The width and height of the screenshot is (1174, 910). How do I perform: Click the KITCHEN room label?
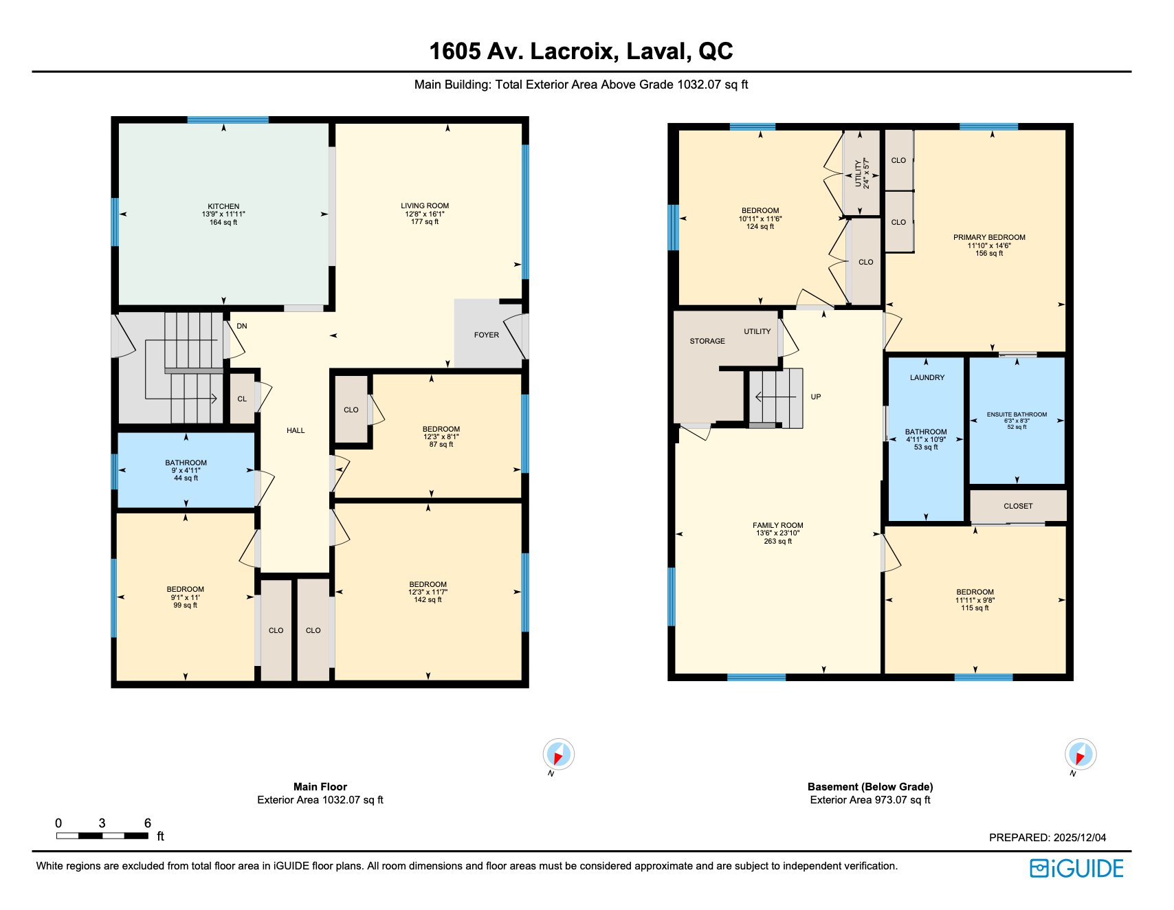tap(223, 206)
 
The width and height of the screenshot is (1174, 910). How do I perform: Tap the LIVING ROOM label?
tap(425, 206)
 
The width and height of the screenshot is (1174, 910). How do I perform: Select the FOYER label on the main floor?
tap(486, 335)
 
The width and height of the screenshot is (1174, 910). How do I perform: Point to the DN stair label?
tap(242, 326)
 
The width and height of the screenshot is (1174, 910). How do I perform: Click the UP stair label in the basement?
tap(816, 397)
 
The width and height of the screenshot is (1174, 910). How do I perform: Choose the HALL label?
tap(296, 430)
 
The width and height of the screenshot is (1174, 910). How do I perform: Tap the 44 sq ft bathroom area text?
tap(186, 478)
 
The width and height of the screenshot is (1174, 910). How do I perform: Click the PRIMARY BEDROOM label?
tap(989, 237)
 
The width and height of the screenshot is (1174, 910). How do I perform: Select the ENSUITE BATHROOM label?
tap(1017, 414)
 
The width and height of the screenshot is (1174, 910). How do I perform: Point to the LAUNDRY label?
tap(927, 377)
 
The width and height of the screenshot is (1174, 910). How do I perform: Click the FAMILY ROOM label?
tap(777, 525)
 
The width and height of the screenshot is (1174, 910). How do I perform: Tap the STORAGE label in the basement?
tap(707, 341)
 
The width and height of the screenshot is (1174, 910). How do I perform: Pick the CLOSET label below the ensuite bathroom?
tap(1018, 506)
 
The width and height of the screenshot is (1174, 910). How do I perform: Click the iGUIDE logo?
tap(1076, 868)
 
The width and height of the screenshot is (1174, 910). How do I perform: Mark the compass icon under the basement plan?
tap(1080, 755)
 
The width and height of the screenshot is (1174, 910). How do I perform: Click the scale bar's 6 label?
tap(147, 823)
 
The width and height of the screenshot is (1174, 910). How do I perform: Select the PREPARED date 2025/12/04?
tap(1080, 837)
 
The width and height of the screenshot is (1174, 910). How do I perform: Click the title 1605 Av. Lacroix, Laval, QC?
tap(581, 51)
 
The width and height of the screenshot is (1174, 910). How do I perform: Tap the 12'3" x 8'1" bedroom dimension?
tap(441, 436)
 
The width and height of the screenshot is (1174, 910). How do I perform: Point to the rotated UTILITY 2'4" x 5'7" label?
tap(862, 173)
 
